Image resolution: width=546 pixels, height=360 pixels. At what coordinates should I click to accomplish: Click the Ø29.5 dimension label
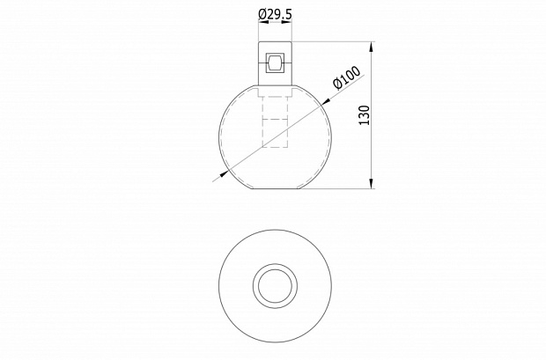pos(275,14)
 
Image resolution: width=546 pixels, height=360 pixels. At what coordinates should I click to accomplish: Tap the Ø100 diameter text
pos(347,77)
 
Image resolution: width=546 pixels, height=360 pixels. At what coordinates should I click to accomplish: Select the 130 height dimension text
pos(364,115)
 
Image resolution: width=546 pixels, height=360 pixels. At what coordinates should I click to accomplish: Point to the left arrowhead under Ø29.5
pos(263,22)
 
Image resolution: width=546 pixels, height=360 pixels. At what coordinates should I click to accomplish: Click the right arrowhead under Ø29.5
pos(286,22)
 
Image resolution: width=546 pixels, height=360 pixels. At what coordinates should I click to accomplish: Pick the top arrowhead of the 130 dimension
pos(372,47)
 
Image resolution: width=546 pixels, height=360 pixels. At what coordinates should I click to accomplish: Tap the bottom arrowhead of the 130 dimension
pos(372,183)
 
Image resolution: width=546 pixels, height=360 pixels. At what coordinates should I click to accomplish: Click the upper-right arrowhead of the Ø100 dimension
pos(326,101)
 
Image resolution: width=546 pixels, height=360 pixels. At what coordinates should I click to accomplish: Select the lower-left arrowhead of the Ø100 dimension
pos(225,173)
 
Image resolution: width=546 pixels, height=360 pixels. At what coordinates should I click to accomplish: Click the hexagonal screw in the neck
pos(275,63)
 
